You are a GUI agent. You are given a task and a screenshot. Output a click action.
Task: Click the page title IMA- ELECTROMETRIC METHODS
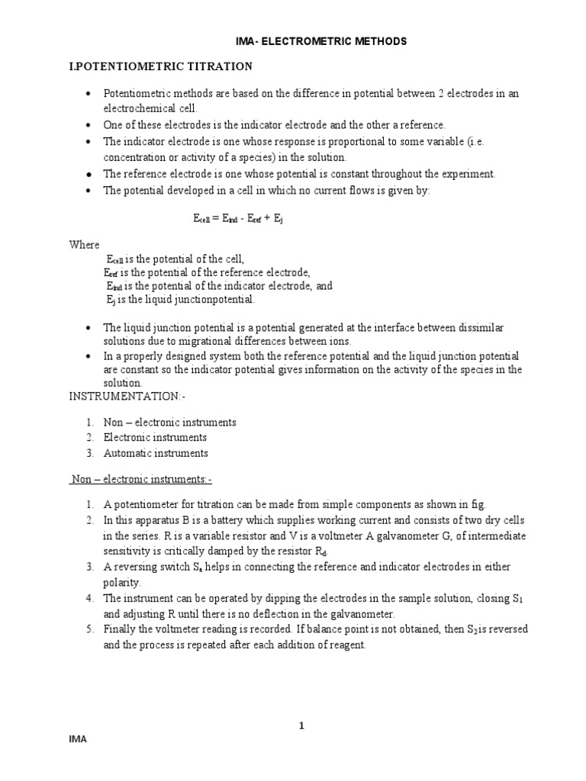[x=320, y=41]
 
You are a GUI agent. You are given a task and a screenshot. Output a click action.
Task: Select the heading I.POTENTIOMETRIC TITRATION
[x=160, y=67]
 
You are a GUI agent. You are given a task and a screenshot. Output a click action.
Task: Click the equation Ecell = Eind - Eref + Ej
[x=239, y=218]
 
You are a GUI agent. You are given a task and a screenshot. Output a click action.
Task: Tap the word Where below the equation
[x=84, y=245]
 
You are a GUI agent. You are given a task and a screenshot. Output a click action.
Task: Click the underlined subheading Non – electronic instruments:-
[x=141, y=480]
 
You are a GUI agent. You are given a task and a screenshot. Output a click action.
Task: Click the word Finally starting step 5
[x=121, y=629]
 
